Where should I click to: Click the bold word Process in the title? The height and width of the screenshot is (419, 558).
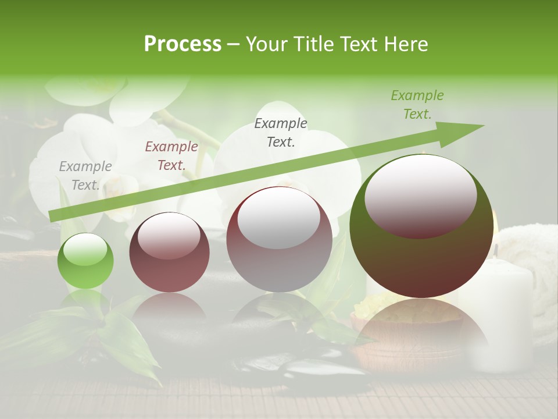pos(183,44)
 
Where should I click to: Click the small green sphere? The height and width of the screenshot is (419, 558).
pos(85,261)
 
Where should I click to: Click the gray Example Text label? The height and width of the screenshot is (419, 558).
pos(85,176)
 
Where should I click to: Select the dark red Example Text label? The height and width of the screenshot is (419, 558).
pos(171,156)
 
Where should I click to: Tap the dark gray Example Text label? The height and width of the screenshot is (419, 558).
pos(281,132)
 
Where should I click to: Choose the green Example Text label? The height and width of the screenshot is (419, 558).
pos(417,105)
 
